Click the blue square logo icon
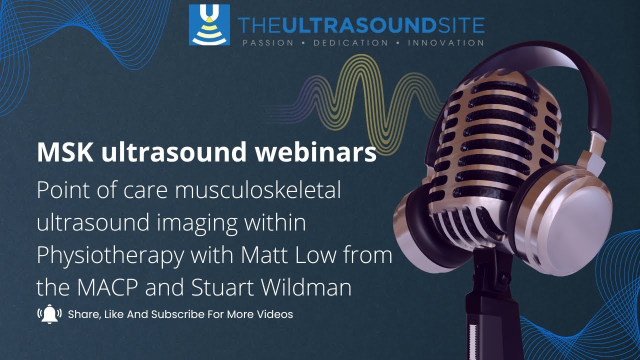coord(209,25)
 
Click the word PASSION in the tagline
coord(268,43)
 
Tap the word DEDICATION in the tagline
coord(350,43)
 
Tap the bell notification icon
coord(49,314)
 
